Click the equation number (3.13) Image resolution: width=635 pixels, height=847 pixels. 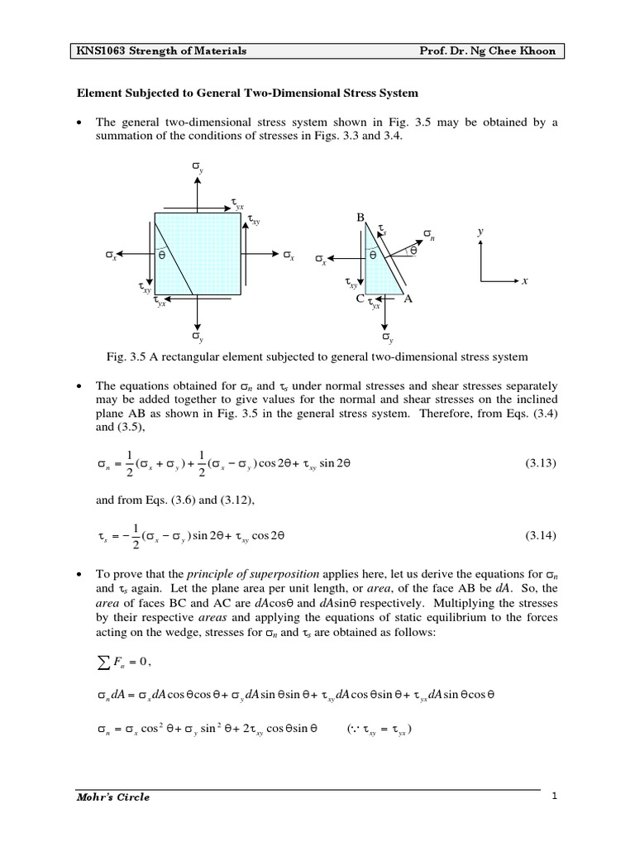(541, 465)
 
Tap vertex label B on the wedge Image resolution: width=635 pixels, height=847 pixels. (360, 217)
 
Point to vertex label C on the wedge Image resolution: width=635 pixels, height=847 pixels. (360, 299)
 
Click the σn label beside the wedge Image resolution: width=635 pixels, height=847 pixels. (428, 236)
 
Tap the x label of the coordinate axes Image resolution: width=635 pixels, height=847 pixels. (523, 282)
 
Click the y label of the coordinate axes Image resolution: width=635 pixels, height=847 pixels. (480, 232)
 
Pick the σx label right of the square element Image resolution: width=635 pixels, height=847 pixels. (288, 253)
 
